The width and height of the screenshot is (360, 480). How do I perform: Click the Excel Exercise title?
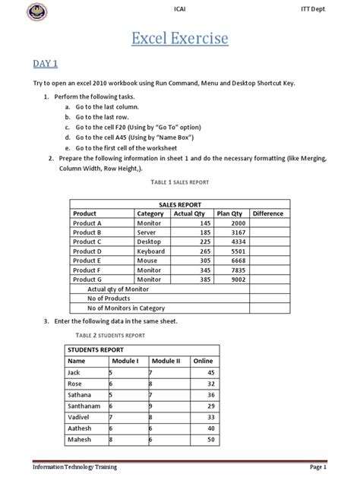180,38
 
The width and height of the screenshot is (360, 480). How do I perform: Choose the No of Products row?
114,298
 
